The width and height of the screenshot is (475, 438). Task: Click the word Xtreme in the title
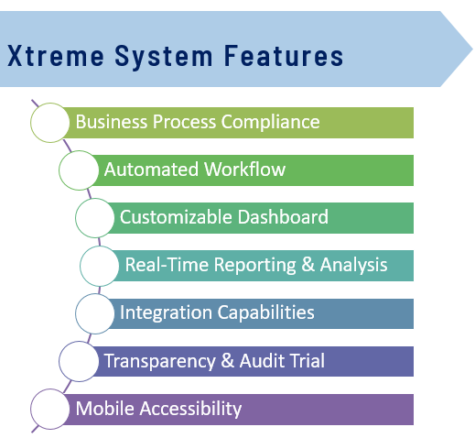56,56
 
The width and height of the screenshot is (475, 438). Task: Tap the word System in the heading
164,57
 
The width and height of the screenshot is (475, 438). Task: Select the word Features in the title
284,56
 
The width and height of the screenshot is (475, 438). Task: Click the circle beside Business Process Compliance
50,123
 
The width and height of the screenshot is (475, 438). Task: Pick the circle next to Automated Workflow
79,170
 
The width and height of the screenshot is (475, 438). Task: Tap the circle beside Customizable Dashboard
95,218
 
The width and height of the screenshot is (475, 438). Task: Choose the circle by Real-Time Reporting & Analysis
100,266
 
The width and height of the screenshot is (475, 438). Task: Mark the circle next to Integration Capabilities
95,313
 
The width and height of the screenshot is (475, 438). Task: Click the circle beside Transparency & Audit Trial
79,361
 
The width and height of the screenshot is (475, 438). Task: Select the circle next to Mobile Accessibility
50,410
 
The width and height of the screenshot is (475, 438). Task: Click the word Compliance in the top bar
271,123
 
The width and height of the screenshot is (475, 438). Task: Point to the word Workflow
245,170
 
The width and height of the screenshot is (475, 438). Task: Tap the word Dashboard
283,217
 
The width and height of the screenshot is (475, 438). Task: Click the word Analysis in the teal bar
354,266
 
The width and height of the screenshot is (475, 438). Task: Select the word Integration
166,313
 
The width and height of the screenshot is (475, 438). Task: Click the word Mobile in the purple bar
105,409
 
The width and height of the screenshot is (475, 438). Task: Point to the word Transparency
160,362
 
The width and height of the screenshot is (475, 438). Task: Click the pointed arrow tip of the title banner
472,49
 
